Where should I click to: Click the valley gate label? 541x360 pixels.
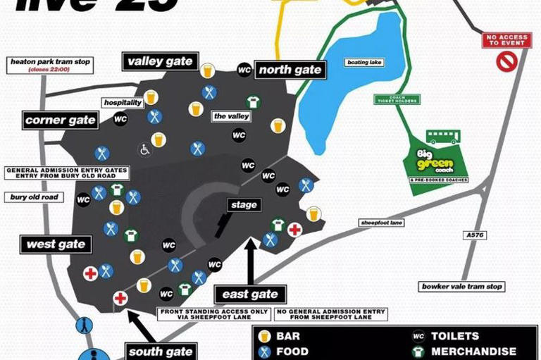click(161, 61)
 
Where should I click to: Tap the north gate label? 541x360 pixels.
click(290, 69)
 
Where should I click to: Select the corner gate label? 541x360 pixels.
click(61, 120)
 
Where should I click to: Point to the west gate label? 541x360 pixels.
click(56, 245)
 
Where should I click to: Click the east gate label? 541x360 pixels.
click(250, 294)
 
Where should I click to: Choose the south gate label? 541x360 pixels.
click(161, 351)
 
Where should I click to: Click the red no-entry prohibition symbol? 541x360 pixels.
click(506, 62)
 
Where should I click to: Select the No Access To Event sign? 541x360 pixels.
click(506, 39)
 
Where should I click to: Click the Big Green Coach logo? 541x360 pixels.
click(435, 160)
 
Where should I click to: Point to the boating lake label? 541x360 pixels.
click(364, 63)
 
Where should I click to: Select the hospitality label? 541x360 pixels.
click(123, 102)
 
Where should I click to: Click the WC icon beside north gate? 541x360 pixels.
click(244, 69)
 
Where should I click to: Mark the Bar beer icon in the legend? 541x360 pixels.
click(265, 336)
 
